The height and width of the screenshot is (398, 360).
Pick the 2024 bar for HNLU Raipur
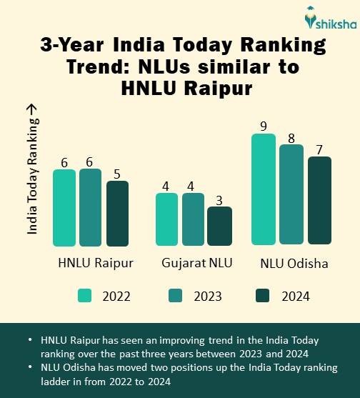pos(117,214)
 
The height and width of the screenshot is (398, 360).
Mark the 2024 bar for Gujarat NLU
pos(219,226)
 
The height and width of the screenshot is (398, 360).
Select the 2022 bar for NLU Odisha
pos(264,190)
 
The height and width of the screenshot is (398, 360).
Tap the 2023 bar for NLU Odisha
pos(291,195)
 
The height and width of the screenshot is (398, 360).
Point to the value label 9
pos(264,126)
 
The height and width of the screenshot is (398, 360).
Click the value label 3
pos(219,199)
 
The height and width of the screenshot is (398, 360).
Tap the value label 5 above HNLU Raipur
pos(117,173)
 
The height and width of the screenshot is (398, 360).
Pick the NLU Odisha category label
pos(294,263)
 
